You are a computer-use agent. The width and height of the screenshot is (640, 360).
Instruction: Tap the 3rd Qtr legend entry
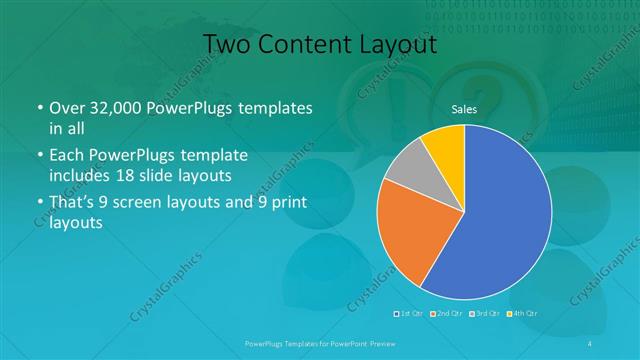click(484, 315)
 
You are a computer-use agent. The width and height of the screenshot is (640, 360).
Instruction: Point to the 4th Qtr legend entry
click(522, 315)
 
